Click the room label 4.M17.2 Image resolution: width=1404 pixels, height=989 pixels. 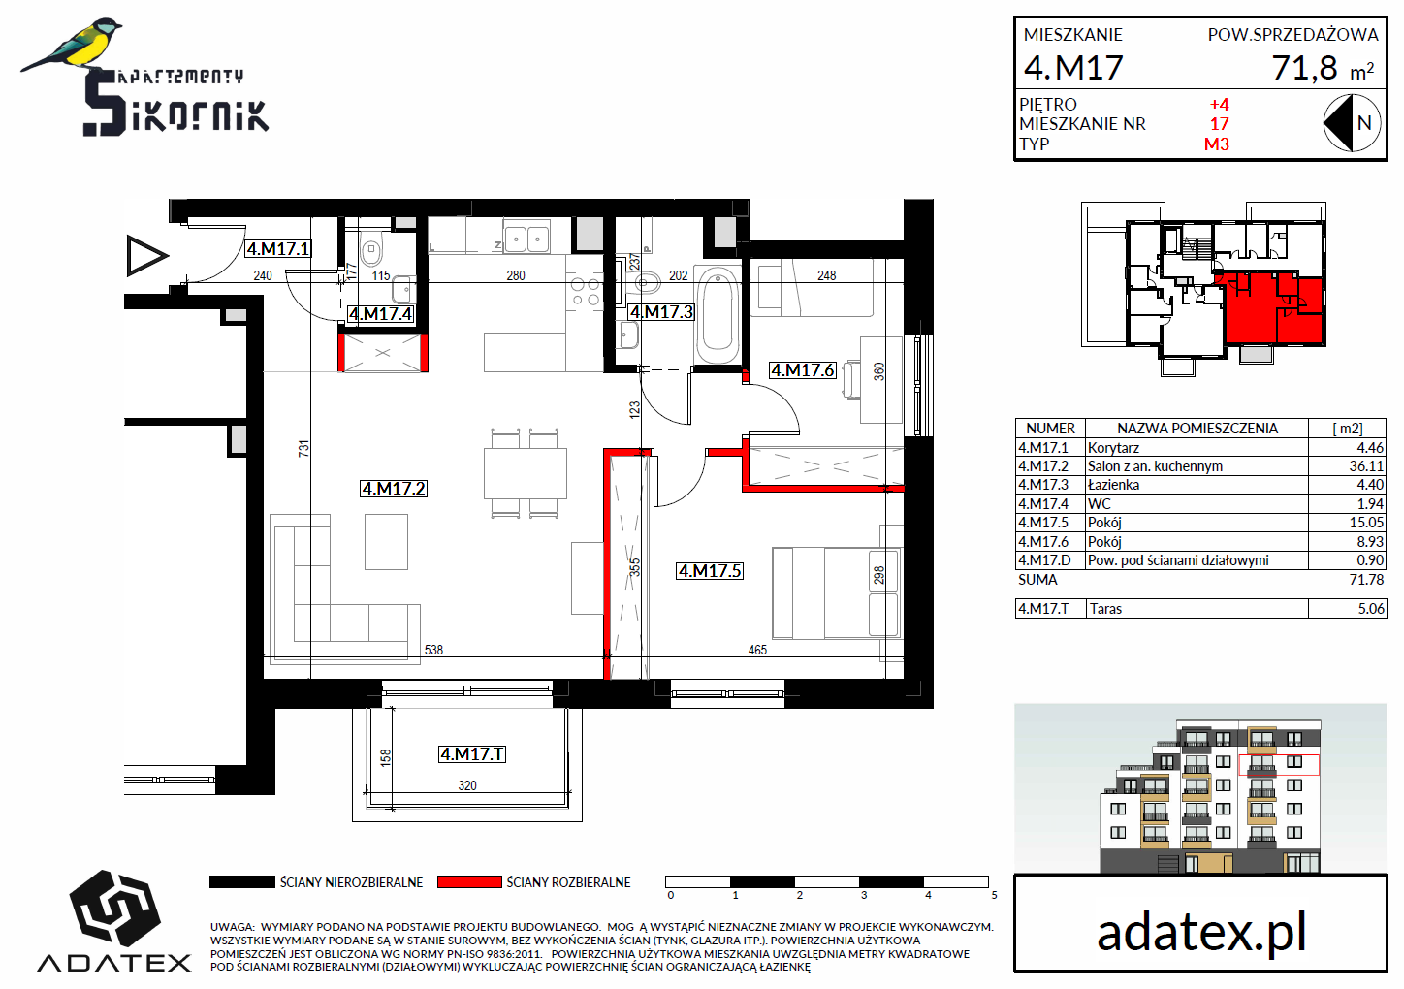pos(394,489)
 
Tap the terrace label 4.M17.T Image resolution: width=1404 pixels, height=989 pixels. pos(472,754)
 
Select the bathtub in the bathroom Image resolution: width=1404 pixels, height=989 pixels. pos(718,315)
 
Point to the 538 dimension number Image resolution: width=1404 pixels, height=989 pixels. pos(433,650)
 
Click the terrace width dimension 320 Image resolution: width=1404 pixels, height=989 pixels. pos(467,785)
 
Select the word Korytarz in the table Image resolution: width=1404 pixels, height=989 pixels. pos(1113,448)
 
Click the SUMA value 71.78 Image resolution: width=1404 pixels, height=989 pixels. pos(1366,580)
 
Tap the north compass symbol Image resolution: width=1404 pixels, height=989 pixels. pos(1352,123)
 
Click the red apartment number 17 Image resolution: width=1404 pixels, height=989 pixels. pos(1219,124)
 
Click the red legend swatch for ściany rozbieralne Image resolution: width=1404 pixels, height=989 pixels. pos(469,881)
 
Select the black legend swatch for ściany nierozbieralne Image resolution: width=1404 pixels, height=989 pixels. pos(242,881)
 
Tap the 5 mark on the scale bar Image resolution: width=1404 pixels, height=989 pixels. pos(994,896)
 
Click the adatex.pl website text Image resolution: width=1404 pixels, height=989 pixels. pos(1201,933)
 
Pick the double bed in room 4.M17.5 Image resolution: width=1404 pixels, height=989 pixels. pos(837,592)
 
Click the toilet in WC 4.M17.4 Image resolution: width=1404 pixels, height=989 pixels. pos(371,250)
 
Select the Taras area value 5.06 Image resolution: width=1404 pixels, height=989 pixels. pos(1371,609)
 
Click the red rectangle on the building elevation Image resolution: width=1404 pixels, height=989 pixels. pos(1279,764)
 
